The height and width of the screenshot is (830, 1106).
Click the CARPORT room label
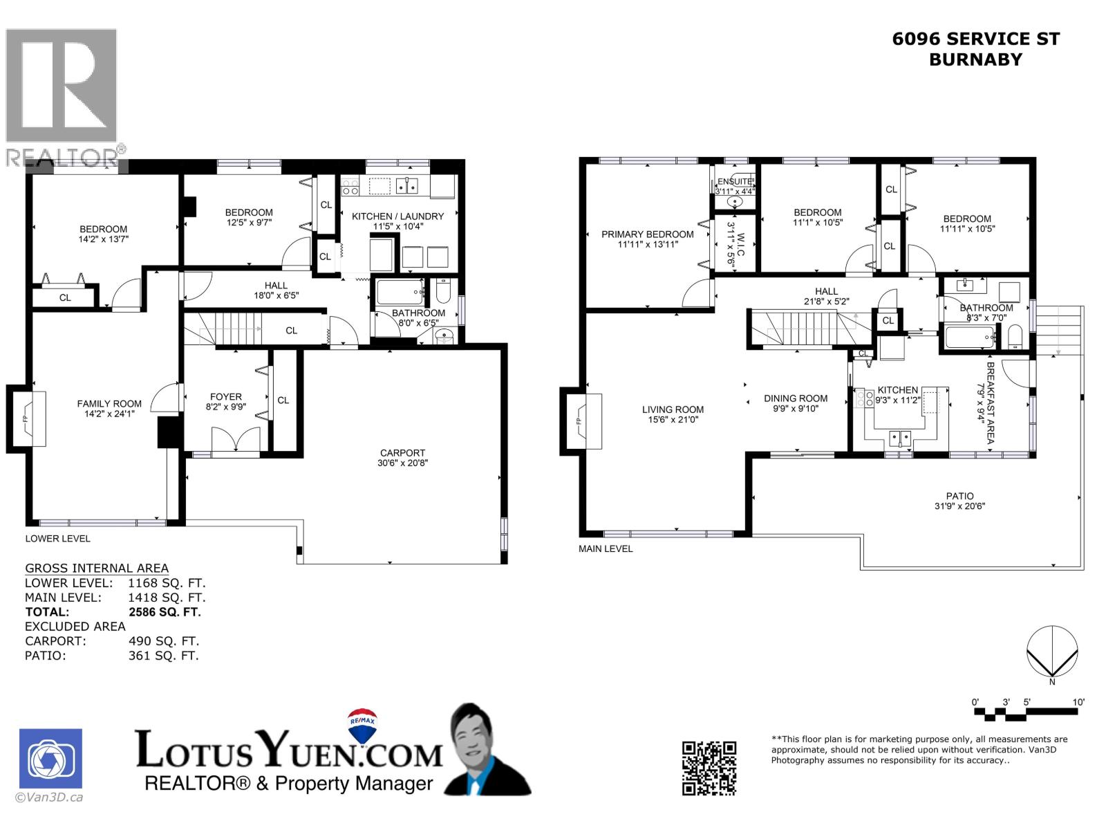402,453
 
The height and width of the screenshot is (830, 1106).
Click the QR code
709,768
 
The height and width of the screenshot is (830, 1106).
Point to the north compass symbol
1051,652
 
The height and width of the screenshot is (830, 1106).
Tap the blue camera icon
50,759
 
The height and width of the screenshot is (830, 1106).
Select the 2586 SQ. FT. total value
165,612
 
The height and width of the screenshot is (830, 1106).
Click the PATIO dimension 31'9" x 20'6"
959,506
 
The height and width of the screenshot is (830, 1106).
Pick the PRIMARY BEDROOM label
647,234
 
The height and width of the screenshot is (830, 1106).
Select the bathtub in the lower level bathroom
400,293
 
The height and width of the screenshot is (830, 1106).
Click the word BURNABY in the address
975,59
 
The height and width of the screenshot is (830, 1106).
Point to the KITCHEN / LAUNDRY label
397,216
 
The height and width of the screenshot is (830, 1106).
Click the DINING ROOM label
795,398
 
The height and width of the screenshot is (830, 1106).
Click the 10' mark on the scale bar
1078,702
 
